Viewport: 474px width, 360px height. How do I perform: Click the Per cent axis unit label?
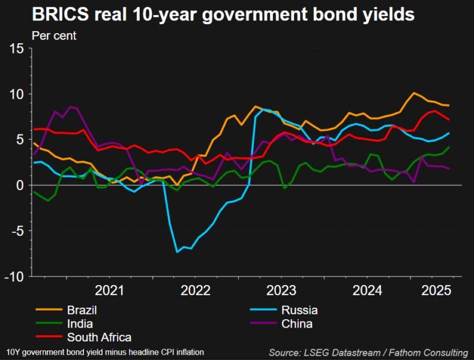[54, 35]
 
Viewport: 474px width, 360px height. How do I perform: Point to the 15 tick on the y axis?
[17, 49]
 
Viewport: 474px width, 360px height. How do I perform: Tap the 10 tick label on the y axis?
[17, 94]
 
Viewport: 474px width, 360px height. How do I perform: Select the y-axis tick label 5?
[20, 140]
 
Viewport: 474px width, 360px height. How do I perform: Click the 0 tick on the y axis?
[20, 185]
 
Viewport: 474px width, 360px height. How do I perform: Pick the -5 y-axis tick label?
[17, 231]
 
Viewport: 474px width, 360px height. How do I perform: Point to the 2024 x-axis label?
[367, 292]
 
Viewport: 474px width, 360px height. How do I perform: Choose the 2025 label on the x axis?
[436, 292]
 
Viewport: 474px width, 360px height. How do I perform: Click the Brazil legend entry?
[82, 310]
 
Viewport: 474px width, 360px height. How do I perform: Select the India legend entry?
[79, 324]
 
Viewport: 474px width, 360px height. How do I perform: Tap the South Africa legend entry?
[99, 337]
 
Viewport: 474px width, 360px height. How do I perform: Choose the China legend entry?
[298, 324]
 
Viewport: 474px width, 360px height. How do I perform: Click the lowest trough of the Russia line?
[177, 252]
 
